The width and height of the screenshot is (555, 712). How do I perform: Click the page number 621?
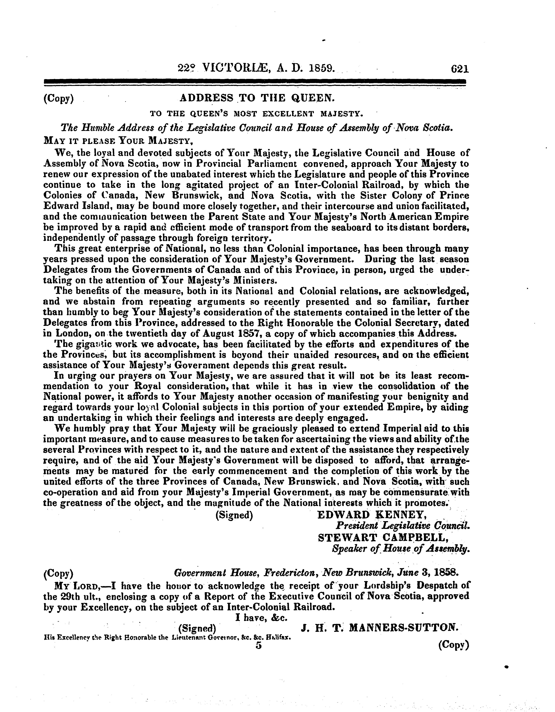[x=460, y=69]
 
